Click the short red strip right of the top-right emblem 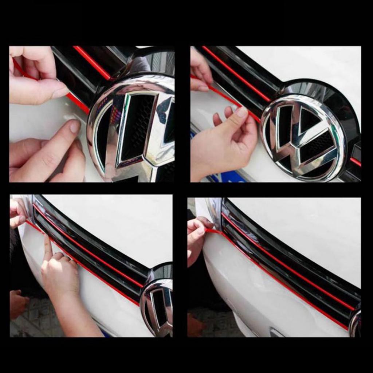355,161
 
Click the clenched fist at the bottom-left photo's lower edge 18,302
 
